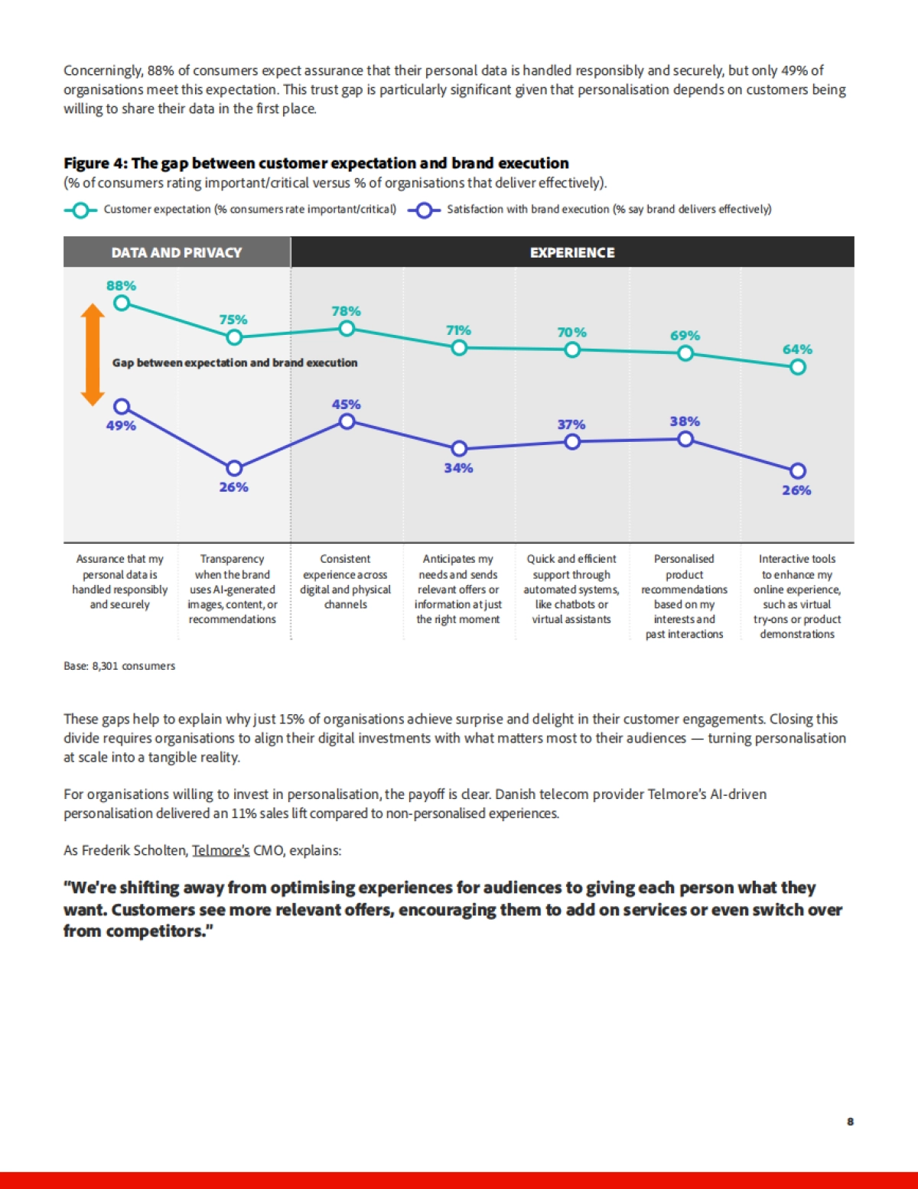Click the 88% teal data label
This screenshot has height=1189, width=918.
tap(121, 286)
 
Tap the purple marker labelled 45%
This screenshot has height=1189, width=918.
tap(347, 421)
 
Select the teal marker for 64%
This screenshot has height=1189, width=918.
tap(797, 367)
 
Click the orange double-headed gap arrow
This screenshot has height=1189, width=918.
tap(93, 355)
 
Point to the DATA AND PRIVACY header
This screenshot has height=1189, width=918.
tap(177, 252)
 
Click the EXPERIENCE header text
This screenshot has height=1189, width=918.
tap(572, 252)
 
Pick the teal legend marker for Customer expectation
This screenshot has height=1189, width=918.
tap(80, 210)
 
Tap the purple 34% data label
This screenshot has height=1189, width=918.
tap(458, 468)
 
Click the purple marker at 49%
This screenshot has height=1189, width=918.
tap(122, 407)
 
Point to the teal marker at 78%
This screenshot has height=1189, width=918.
tap(347, 329)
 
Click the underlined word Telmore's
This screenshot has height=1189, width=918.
tap(220, 850)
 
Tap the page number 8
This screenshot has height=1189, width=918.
tap(850, 1122)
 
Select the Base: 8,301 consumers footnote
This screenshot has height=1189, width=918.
tap(119, 666)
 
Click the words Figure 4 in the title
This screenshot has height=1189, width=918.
tap(94, 163)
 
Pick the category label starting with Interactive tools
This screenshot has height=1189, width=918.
tap(797, 596)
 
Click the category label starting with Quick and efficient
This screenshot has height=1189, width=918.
tap(571, 589)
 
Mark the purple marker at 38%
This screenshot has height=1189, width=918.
tap(685, 439)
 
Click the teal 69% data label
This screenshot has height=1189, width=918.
tap(685, 336)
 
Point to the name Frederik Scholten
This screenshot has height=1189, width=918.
tap(134, 850)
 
